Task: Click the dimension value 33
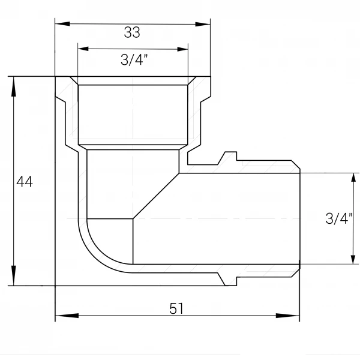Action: coord(132,32)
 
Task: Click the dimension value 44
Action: coord(25,182)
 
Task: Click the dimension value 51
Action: coord(176,308)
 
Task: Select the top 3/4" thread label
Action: coord(134,60)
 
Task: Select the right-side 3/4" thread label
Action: coord(339,218)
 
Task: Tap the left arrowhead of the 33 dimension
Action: coord(62,23)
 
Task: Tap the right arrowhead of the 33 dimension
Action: coord(203,25)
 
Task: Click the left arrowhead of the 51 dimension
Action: coord(67,316)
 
